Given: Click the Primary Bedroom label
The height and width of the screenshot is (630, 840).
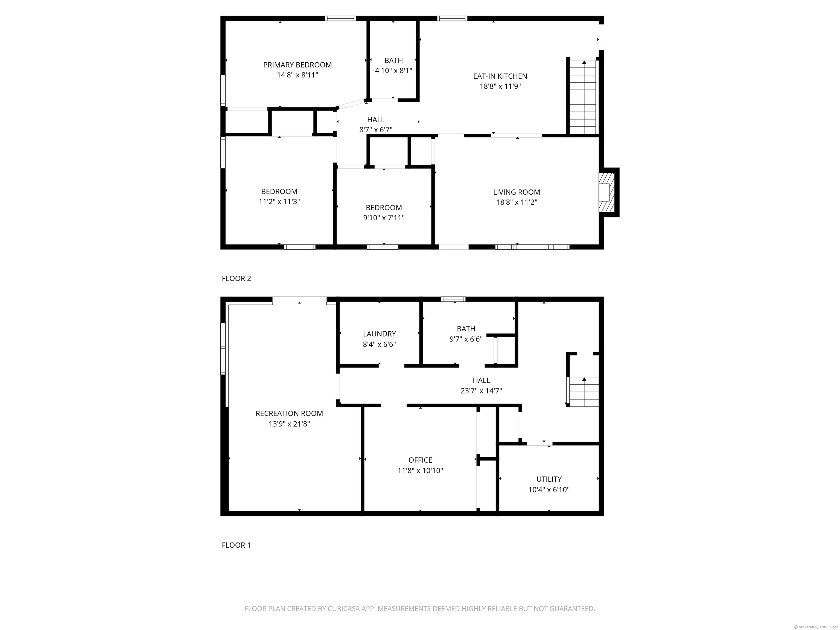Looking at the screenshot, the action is point(297,65).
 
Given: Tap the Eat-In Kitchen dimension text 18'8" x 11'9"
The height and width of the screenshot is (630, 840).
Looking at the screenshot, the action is point(500,86).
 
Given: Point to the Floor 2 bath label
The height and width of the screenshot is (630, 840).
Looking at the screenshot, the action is point(393,60).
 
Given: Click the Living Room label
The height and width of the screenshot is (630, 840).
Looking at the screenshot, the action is point(517,192).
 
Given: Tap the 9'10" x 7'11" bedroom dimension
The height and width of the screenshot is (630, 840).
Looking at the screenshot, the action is point(384,218).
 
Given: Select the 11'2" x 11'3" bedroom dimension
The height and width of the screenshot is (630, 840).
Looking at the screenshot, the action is point(279,202).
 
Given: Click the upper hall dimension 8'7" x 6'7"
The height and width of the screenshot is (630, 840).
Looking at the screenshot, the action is point(376,130).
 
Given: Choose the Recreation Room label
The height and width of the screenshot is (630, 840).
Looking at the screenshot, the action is point(289,413).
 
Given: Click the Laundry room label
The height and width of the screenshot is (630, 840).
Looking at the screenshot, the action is point(379,334).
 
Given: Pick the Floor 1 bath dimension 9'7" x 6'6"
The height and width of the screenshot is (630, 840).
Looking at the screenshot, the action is point(466,339).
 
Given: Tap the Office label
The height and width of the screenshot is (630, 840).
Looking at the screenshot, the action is point(420,460).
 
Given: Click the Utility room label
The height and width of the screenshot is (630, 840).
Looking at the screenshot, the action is point(549,479).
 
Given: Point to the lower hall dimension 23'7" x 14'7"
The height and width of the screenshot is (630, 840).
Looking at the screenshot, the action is point(481,391).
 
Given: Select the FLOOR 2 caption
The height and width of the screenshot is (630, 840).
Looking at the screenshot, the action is point(236,278).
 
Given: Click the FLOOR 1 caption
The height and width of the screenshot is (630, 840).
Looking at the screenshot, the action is point(236,545).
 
